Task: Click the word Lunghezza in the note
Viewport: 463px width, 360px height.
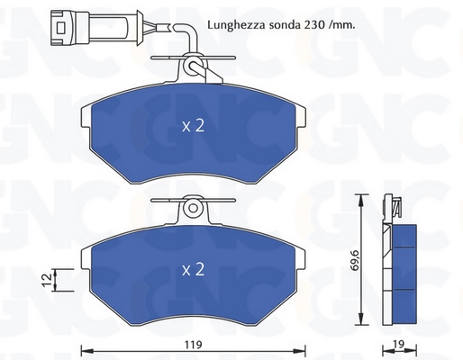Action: [x=236, y=25]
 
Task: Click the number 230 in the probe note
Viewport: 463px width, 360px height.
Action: [x=315, y=25]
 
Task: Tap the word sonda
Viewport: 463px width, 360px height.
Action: [x=285, y=25]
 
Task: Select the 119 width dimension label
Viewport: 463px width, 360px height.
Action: [x=193, y=345]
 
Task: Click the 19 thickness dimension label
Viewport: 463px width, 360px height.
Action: [x=399, y=345]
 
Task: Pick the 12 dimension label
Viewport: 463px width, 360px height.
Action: [x=48, y=280]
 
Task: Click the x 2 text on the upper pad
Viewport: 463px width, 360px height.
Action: [x=193, y=125]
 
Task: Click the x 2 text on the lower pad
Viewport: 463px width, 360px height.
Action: [x=193, y=269]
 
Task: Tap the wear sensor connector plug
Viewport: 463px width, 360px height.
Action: [x=96, y=28]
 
